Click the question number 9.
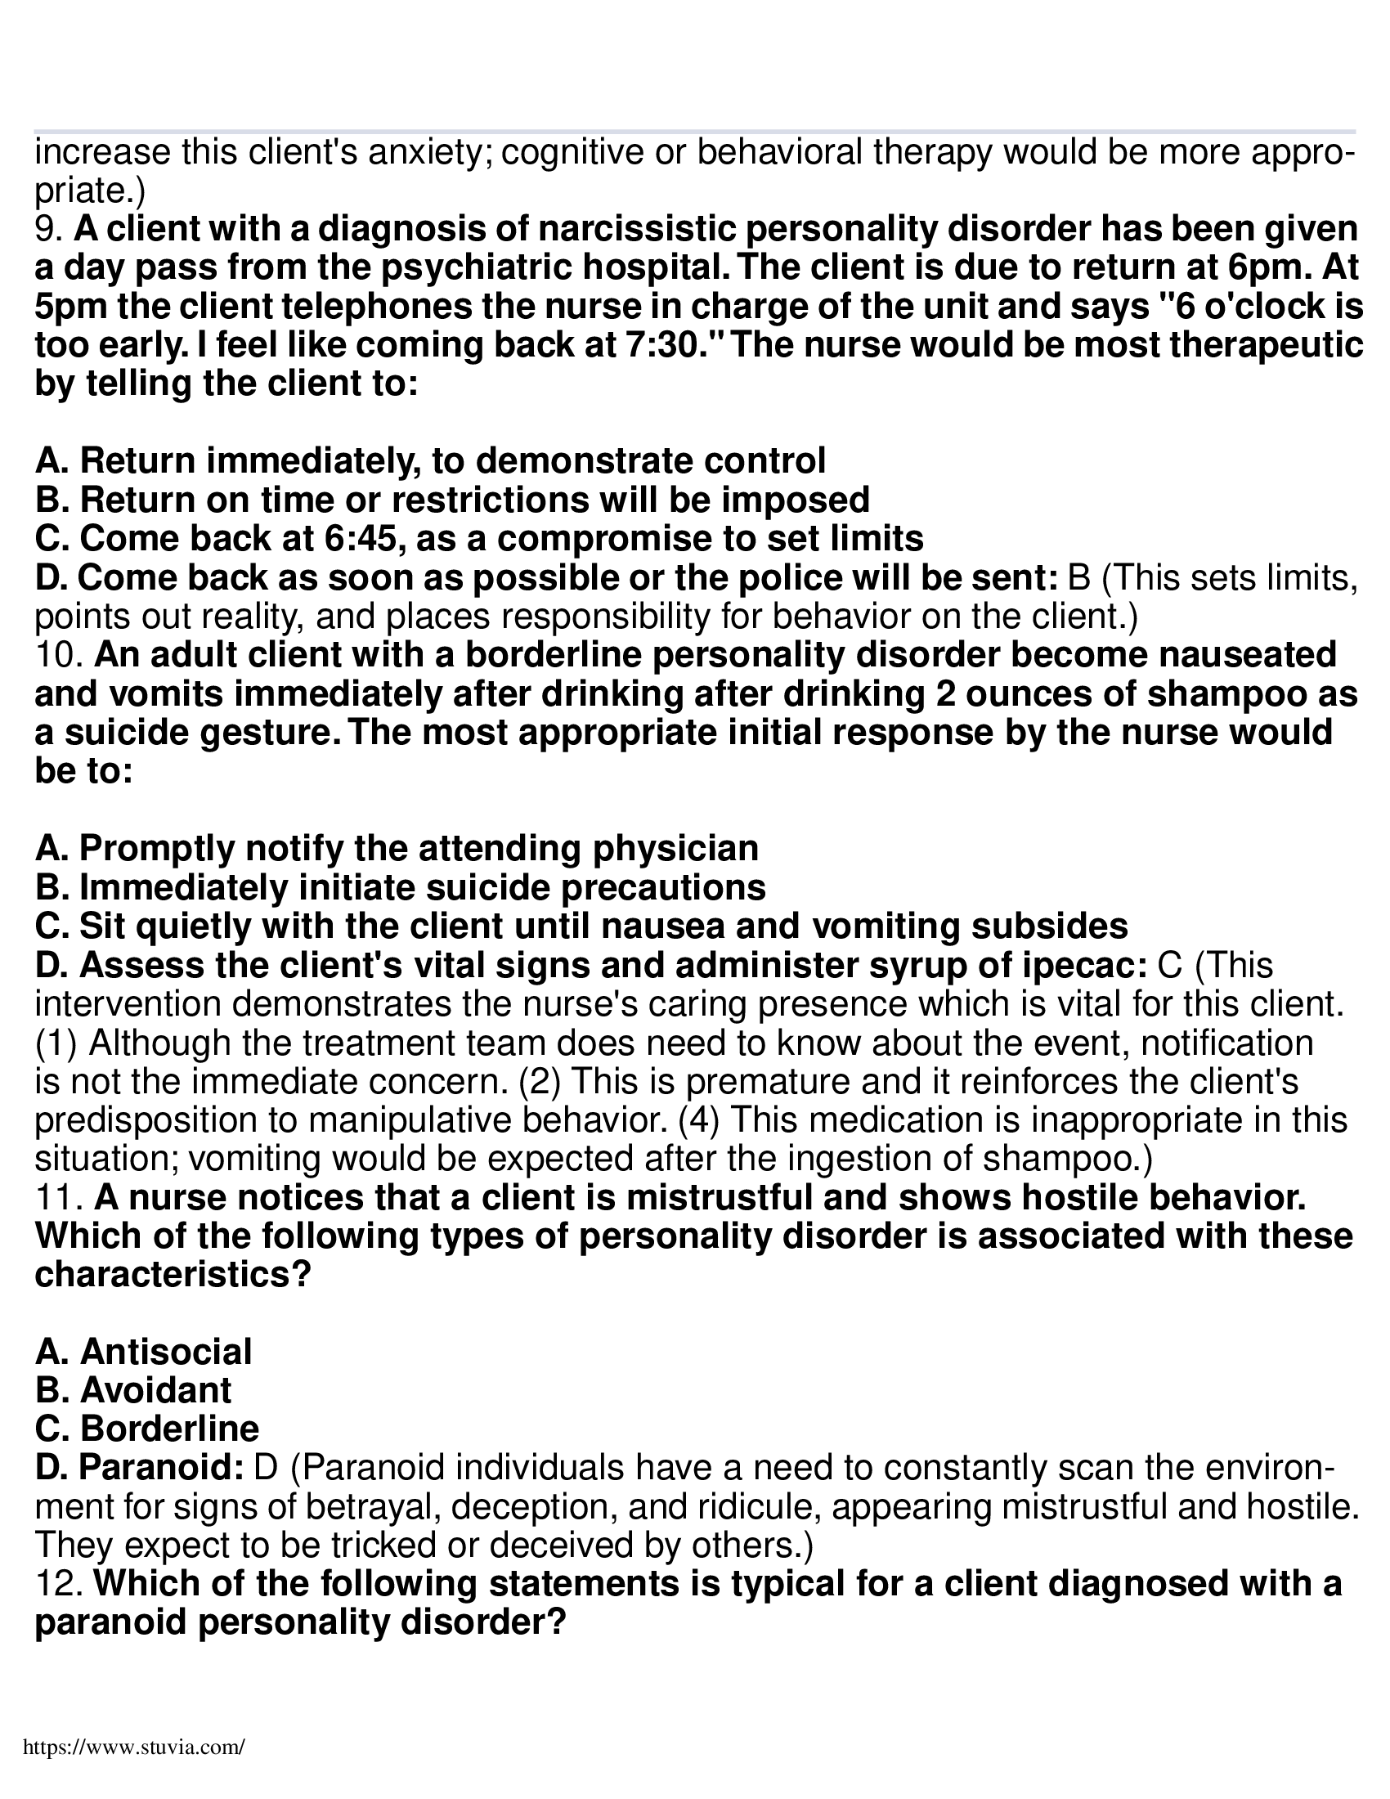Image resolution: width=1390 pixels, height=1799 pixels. coord(47,230)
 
